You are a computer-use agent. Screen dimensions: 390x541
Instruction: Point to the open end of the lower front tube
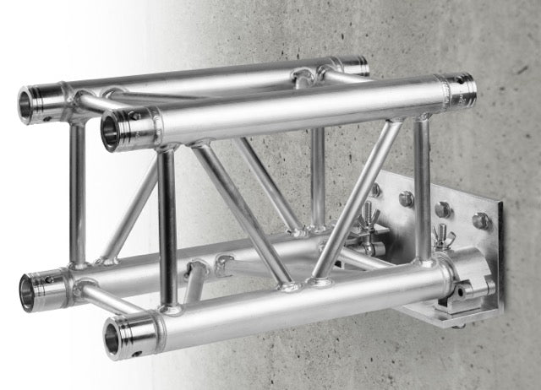click(117, 337)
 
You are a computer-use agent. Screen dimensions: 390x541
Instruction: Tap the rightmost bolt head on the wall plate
click(481, 220)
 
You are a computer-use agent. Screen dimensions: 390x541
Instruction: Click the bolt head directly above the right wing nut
click(441, 209)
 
